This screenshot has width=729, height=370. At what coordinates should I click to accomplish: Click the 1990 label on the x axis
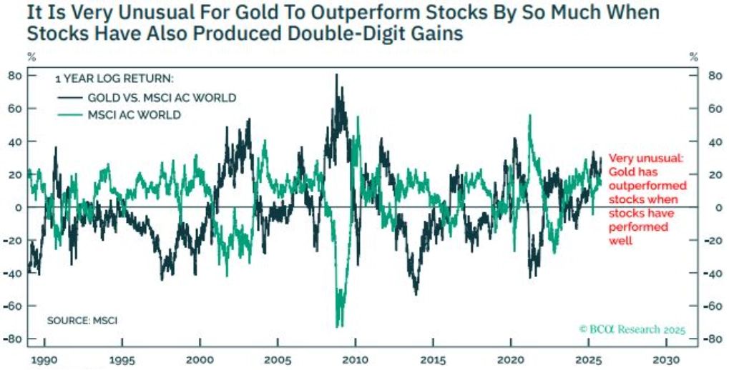(x=43, y=361)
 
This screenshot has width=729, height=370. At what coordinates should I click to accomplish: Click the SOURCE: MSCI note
(x=82, y=321)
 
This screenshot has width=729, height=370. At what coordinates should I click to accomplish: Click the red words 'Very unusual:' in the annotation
(x=645, y=159)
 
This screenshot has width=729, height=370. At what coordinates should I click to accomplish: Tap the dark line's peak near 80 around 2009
(x=336, y=75)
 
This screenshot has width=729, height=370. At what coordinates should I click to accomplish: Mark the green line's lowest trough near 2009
(x=339, y=326)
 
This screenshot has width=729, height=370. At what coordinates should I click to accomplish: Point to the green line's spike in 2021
(x=530, y=116)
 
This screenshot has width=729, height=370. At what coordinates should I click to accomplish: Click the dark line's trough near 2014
(x=416, y=294)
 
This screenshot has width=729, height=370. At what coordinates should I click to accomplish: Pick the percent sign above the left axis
(x=31, y=56)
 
